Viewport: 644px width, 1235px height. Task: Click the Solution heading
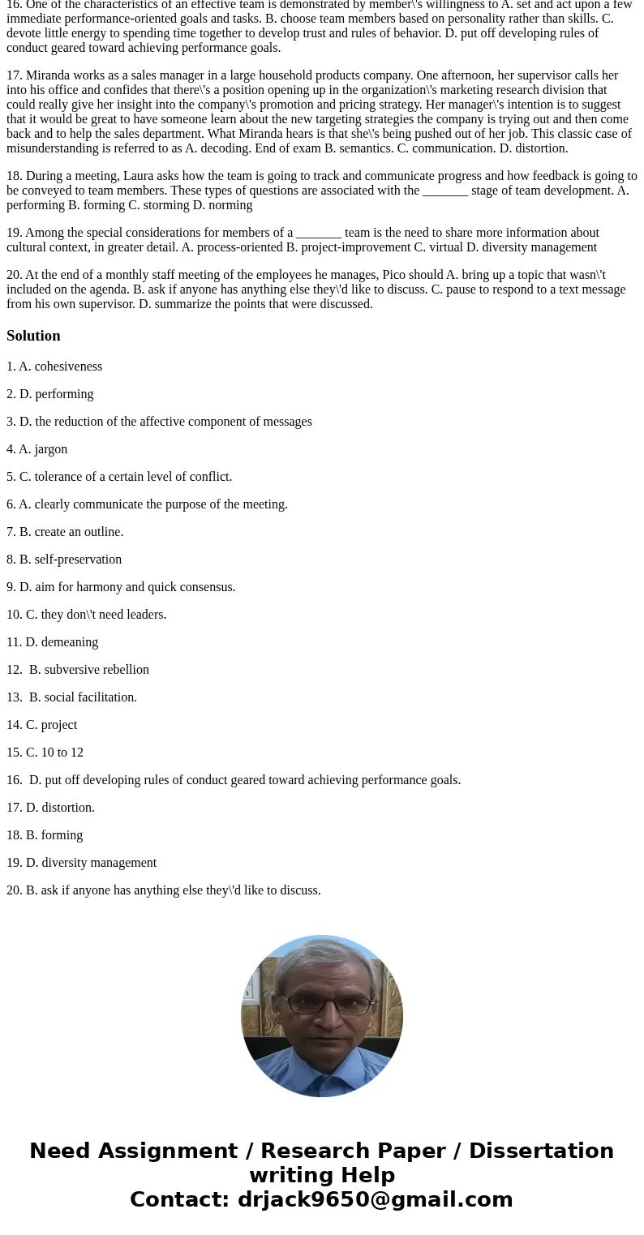click(x=33, y=336)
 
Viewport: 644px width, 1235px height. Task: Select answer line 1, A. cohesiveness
click(x=54, y=367)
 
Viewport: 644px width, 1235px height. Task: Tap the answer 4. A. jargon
click(x=37, y=449)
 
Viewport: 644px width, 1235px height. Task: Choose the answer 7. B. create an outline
click(x=65, y=532)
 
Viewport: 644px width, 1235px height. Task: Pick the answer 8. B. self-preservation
click(x=64, y=560)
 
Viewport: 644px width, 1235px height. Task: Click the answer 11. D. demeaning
click(x=53, y=642)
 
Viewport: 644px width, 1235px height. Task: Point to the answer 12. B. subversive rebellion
click(x=79, y=670)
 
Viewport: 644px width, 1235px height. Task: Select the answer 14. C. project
click(x=42, y=725)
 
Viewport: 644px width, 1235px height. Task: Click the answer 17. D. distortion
click(x=51, y=808)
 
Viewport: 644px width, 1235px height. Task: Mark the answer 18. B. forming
click(x=45, y=835)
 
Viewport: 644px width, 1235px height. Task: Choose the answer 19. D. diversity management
click(x=82, y=863)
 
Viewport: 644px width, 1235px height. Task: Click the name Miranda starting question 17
click(x=48, y=75)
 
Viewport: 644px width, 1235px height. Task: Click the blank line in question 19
click(x=318, y=234)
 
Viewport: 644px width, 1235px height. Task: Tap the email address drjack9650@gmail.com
click(x=375, y=1199)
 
